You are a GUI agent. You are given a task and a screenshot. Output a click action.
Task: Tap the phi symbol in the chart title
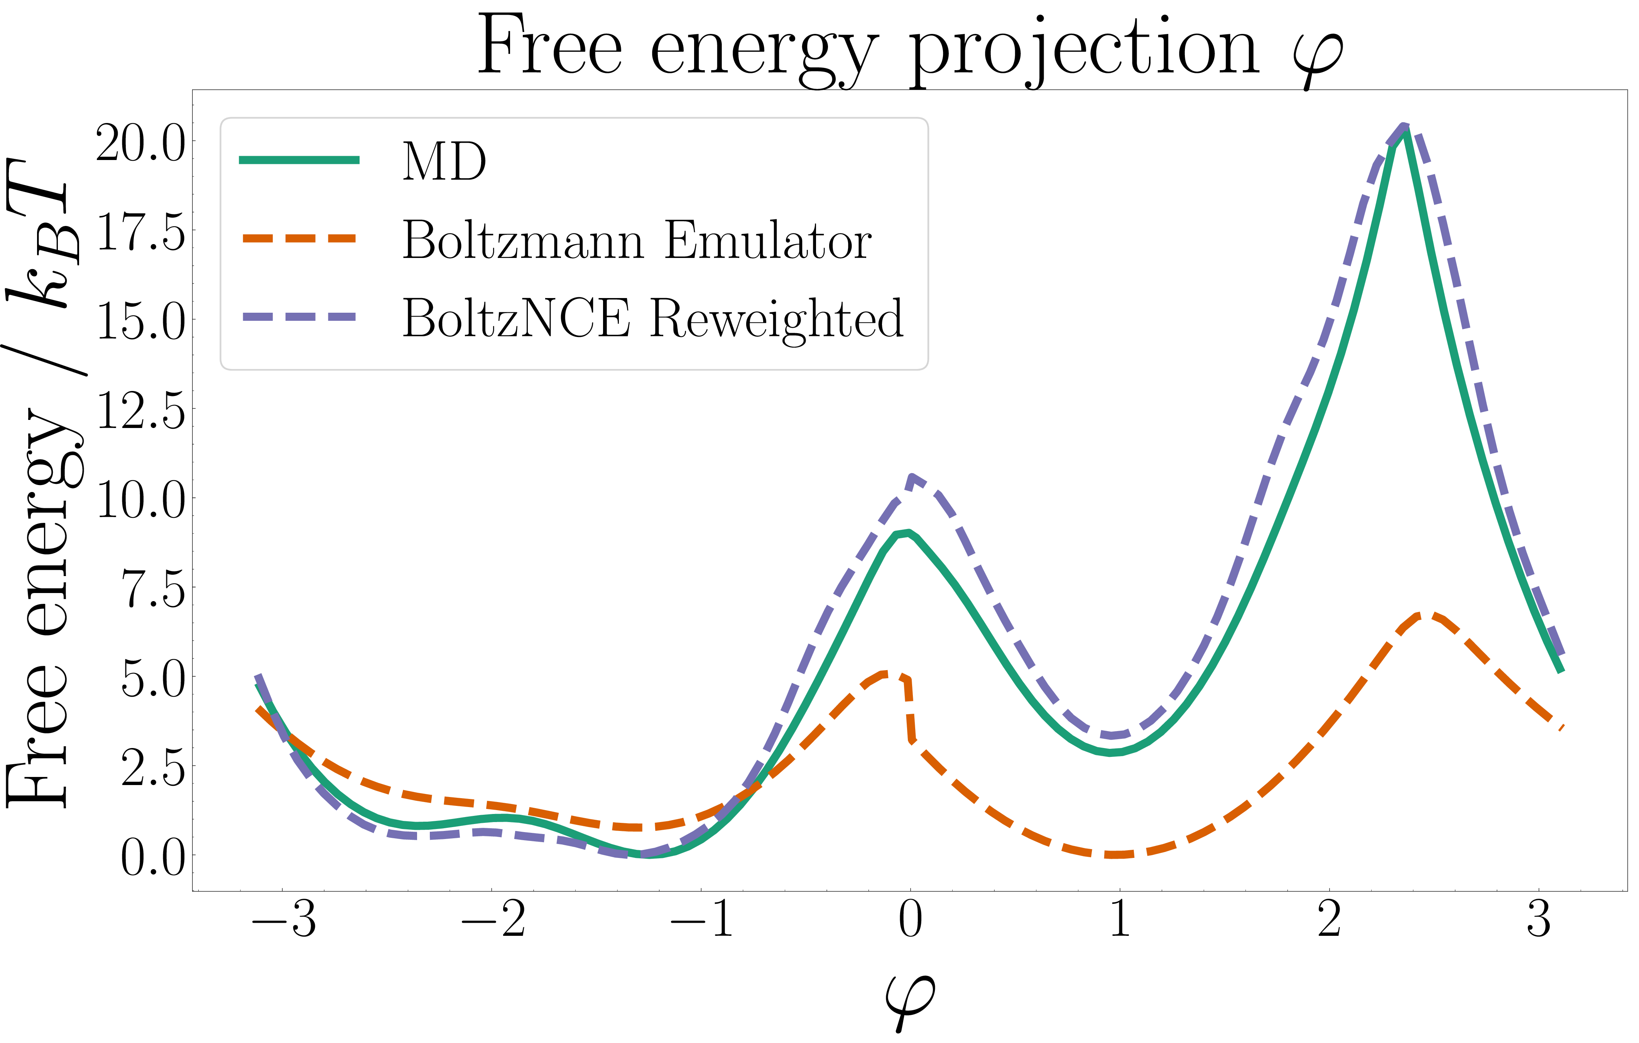click(x=1318, y=54)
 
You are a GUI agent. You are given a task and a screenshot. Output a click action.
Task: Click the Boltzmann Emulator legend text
click(x=636, y=240)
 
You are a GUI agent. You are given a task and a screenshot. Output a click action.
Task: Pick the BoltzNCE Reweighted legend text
click(x=652, y=318)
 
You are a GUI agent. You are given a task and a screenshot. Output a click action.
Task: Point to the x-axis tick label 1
click(x=1120, y=920)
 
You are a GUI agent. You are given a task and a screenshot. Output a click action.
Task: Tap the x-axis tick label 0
click(x=910, y=920)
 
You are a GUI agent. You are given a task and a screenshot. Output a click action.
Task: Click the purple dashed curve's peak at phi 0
click(x=911, y=478)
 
